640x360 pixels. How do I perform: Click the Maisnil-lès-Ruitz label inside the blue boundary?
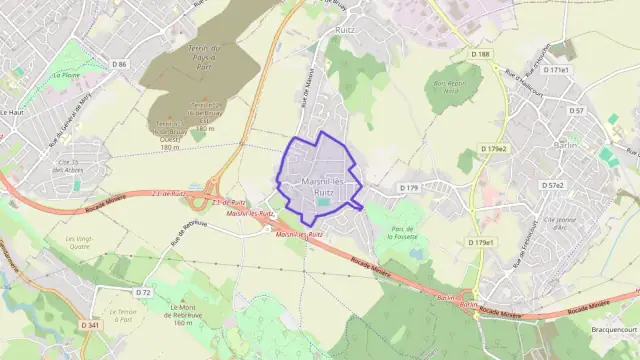[x=318, y=186]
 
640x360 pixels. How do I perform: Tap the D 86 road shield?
[x=121, y=64]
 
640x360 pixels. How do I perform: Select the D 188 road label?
[x=481, y=54]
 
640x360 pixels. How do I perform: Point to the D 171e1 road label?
[x=556, y=70]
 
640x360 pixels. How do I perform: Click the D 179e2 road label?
[x=493, y=149]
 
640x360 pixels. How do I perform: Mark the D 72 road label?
[x=143, y=292]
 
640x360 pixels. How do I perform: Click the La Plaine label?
[x=68, y=74]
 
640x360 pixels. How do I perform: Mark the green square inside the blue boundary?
[x=323, y=204]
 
